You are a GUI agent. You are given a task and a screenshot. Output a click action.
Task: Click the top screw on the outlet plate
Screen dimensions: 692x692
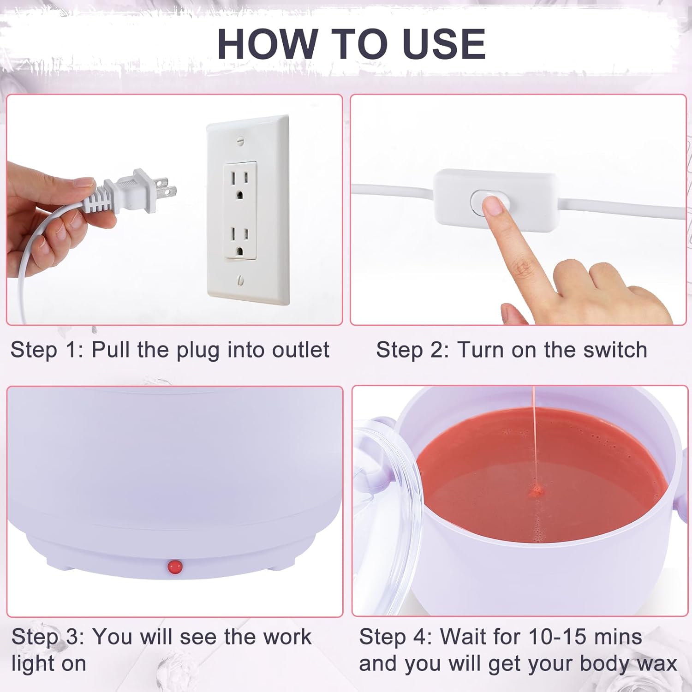[x=240, y=140]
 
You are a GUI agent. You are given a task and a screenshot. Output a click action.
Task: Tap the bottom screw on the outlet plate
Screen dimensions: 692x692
[x=241, y=280]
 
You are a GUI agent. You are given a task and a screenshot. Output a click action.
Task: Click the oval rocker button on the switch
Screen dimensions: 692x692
[x=489, y=203]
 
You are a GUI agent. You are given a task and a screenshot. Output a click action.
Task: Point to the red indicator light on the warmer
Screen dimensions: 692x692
[x=175, y=566]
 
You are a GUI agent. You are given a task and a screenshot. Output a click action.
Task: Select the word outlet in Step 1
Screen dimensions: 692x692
[x=301, y=350]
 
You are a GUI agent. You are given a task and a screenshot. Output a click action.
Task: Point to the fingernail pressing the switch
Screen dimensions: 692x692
[x=493, y=206]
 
